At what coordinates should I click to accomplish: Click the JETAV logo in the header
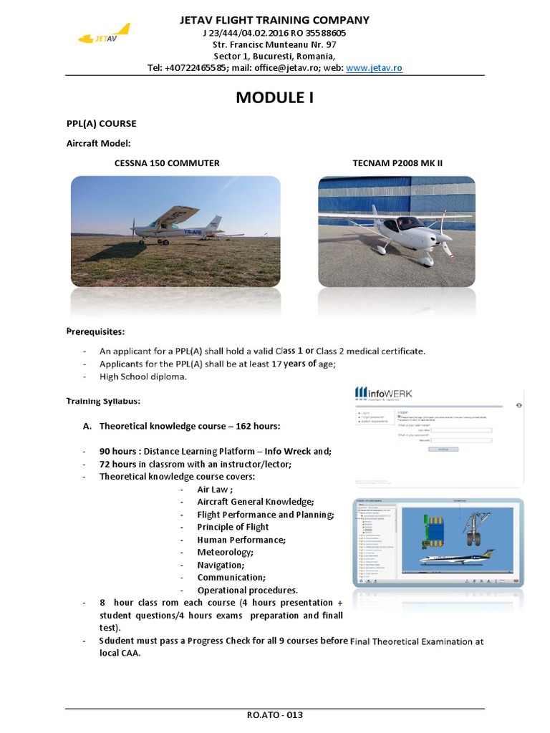pos(105,37)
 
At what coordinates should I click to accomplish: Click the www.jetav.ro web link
pos(374,68)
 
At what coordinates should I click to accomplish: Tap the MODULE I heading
pos(274,98)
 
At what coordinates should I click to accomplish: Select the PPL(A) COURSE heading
pos(101,124)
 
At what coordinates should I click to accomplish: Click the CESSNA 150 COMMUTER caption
pos(167,163)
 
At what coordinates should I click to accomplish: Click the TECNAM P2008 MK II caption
pos(397,163)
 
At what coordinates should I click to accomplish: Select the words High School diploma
pos(143,377)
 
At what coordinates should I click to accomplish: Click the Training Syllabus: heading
pos(103,400)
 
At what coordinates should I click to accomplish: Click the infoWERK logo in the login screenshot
pos(384,393)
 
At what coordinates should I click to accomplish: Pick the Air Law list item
pos(215,490)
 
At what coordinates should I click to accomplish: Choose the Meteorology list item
pos(225,553)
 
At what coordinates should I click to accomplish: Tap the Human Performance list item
pos(241,540)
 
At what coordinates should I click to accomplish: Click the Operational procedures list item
pos(247,591)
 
